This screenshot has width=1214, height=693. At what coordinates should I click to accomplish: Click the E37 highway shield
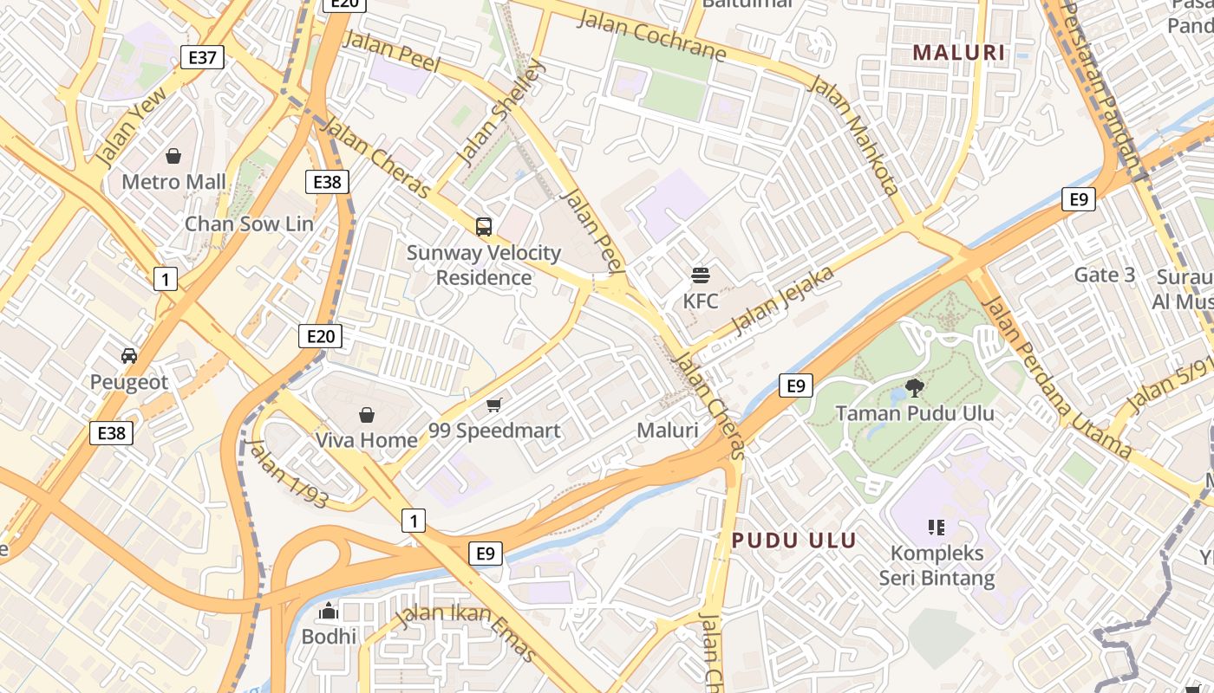tap(202, 58)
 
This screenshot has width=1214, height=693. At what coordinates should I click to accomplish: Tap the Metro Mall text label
tap(173, 182)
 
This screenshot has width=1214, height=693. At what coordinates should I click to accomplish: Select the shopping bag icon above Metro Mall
tap(173, 156)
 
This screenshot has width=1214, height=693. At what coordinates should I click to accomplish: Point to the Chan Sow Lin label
tap(249, 223)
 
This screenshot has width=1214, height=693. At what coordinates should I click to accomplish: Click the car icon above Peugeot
tap(129, 355)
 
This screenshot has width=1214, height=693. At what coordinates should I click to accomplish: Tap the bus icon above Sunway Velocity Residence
tap(484, 227)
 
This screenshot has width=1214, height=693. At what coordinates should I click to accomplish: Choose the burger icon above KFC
tap(701, 275)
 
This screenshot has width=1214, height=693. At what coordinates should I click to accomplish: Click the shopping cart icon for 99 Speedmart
tap(494, 405)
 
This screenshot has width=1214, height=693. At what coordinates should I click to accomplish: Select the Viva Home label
tap(366, 440)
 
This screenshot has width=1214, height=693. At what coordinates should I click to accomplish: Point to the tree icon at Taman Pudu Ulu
tap(914, 387)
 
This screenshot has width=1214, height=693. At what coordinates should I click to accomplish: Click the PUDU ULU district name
tap(794, 541)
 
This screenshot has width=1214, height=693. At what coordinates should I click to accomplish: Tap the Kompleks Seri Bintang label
tap(937, 566)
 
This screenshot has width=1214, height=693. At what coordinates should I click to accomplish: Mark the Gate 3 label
tap(1104, 275)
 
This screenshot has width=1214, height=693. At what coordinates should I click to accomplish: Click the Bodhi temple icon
tap(328, 611)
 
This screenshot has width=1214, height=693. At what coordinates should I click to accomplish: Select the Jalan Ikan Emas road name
tap(465, 631)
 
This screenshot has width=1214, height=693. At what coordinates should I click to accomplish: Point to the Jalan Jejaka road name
tap(783, 301)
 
